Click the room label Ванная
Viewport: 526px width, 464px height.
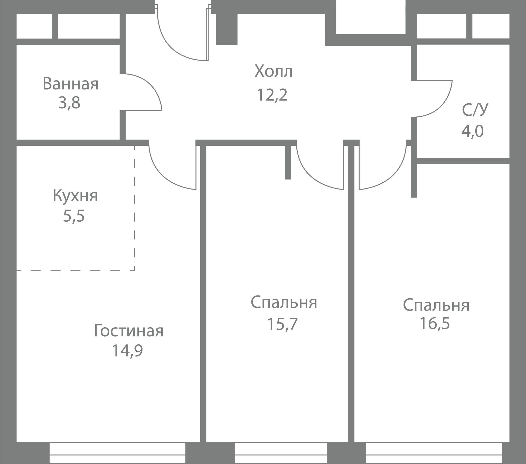click(x=71, y=84)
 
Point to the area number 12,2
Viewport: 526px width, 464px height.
click(x=272, y=95)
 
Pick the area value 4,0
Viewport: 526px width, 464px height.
click(x=473, y=131)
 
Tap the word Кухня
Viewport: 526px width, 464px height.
click(x=75, y=196)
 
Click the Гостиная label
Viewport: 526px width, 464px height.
click(x=129, y=331)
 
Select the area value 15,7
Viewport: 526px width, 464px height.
click(x=283, y=324)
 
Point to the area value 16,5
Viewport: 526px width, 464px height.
click(x=435, y=323)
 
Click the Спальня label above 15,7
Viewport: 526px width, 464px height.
click(x=284, y=302)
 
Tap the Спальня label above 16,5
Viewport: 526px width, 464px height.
click(x=436, y=305)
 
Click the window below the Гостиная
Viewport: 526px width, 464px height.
click(x=117, y=453)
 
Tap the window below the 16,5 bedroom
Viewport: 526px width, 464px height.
click(x=434, y=453)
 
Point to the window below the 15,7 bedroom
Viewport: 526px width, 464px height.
click(x=281, y=453)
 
